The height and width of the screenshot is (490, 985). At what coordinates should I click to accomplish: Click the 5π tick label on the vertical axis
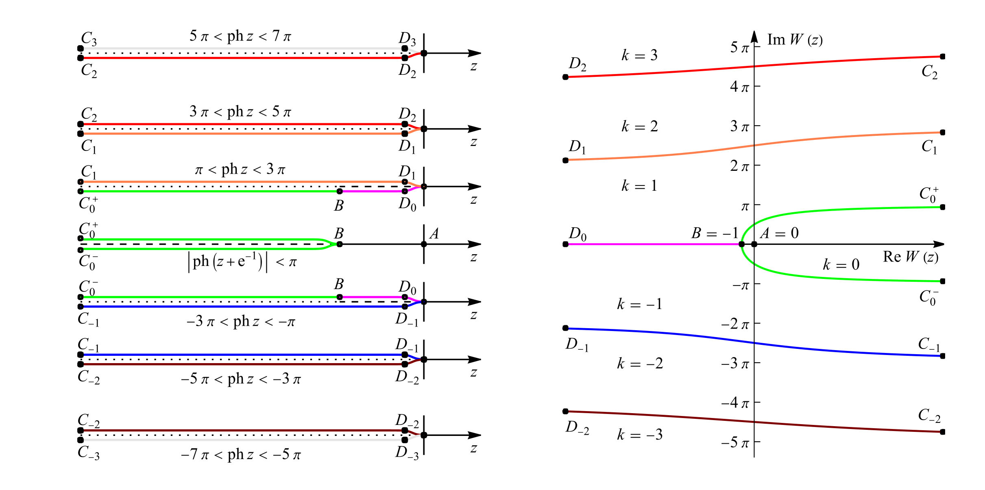click(x=739, y=47)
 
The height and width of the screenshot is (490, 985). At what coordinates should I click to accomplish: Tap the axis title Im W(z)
click(x=795, y=40)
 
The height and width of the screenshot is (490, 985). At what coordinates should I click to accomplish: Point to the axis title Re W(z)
click(x=911, y=257)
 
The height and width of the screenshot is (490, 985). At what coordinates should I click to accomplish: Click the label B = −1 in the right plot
click(x=715, y=233)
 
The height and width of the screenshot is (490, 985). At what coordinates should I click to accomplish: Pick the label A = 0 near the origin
click(x=779, y=233)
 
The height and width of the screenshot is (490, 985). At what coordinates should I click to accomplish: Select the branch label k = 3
click(x=639, y=55)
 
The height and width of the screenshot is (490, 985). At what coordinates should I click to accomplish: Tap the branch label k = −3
click(x=640, y=434)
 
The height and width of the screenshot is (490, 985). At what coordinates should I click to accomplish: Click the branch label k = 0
click(x=841, y=264)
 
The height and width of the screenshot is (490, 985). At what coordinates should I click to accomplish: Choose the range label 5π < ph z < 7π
click(x=240, y=36)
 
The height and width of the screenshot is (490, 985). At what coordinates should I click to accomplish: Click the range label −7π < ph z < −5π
click(x=241, y=454)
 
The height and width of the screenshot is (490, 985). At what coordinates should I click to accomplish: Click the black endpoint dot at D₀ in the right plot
click(x=565, y=244)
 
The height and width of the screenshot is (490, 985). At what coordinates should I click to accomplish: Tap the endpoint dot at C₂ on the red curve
click(x=943, y=57)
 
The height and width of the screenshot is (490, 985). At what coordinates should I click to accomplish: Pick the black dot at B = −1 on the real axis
click(x=741, y=244)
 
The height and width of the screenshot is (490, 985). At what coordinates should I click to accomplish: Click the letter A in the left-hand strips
click(x=434, y=233)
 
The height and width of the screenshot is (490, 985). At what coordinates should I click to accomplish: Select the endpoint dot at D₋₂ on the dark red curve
click(x=565, y=411)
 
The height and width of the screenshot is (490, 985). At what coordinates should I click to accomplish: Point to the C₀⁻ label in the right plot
click(x=929, y=297)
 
